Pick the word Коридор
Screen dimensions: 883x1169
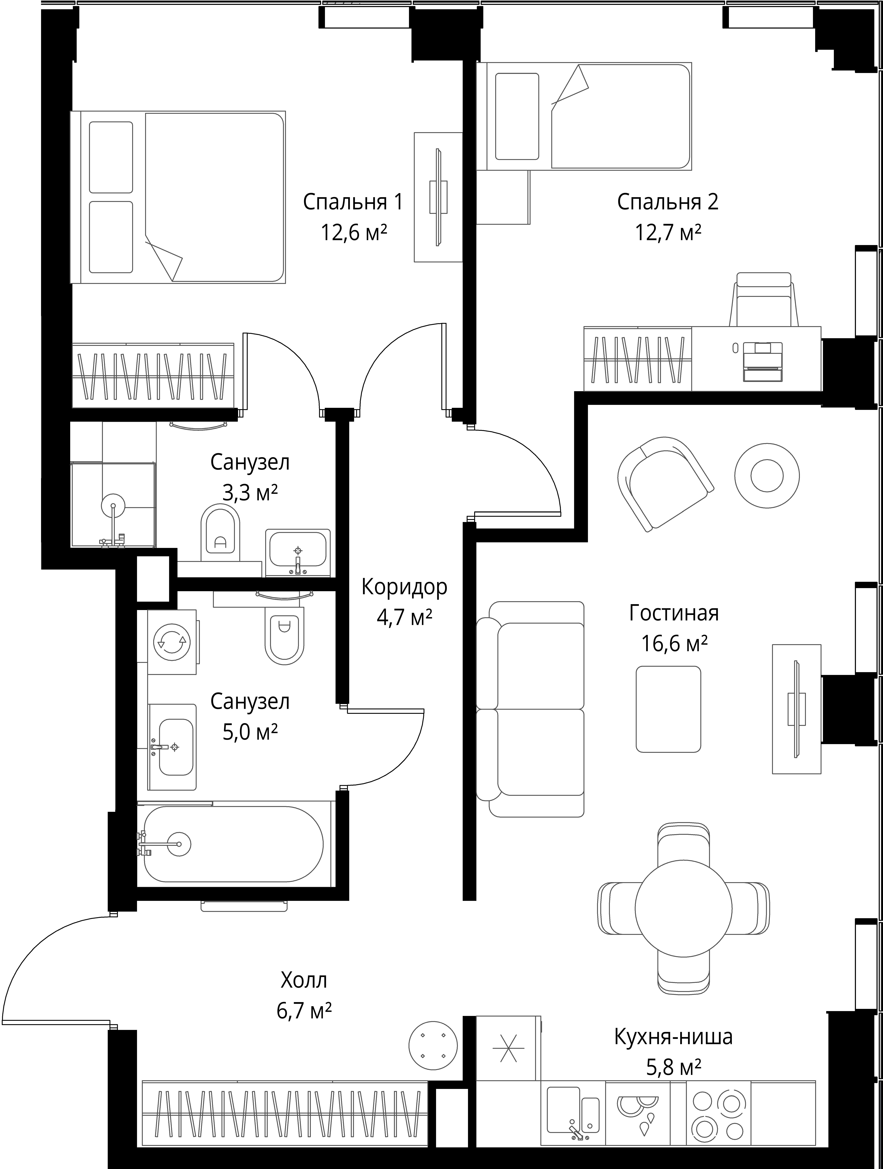pos(404,587)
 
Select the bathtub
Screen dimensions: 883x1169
pos(233,844)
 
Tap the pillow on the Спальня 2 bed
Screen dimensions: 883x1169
pos(517,116)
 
